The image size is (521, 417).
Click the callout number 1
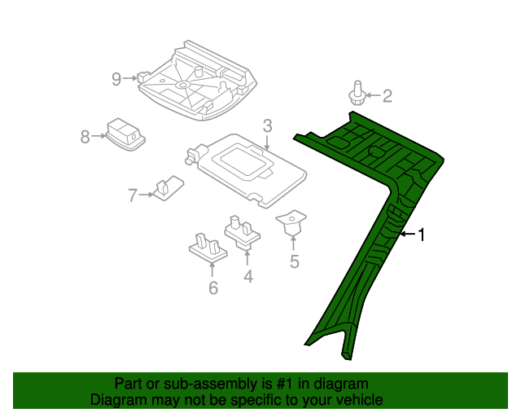click(422, 235)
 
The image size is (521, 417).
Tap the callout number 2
click(387, 97)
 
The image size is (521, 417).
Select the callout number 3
click(267, 125)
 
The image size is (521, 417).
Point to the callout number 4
click(247, 277)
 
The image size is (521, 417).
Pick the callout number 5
click(295, 261)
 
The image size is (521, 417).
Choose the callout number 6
click(213, 288)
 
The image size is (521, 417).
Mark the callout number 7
click(133, 195)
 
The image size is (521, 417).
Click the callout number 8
click(85, 137)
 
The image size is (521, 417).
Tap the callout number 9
click(116, 78)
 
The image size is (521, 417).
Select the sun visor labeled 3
click(244, 166)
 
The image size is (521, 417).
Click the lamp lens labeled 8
click(125, 132)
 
